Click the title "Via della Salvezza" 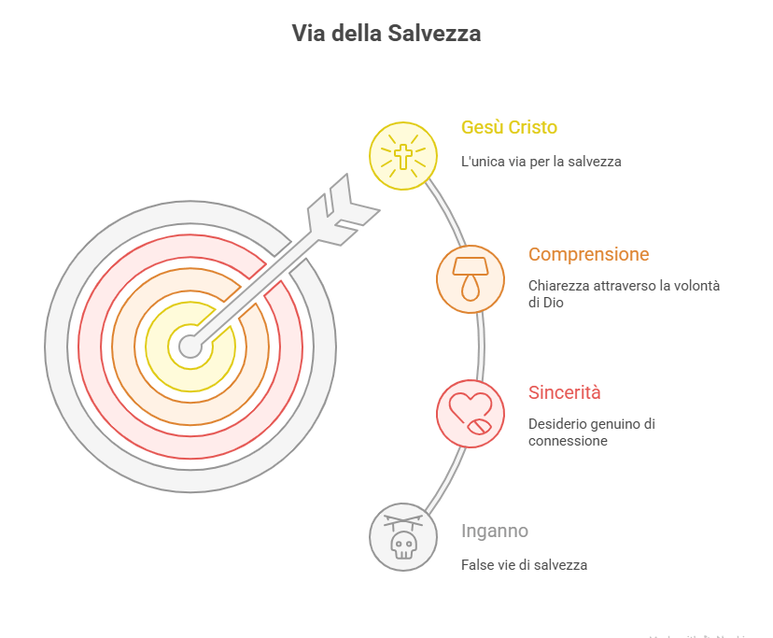pyautogui.click(x=386, y=35)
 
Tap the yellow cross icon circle pyautogui.click(x=402, y=155)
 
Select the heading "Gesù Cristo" pyautogui.click(x=510, y=128)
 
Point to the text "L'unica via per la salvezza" pyautogui.click(x=541, y=162)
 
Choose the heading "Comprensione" pyautogui.click(x=588, y=254)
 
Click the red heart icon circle pyautogui.click(x=471, y=412)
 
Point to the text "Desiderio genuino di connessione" pyautogui.click(x=591, y=432)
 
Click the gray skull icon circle pyautogui.click(x=403, y=537)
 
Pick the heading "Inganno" pyautogui.click(x=495, y=531)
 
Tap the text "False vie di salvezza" pyautogui.click(x=524, y=565)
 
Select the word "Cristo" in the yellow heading pyautogui.click(x=535, y=128)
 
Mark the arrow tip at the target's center pyautogui.click(x=190, y=347)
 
